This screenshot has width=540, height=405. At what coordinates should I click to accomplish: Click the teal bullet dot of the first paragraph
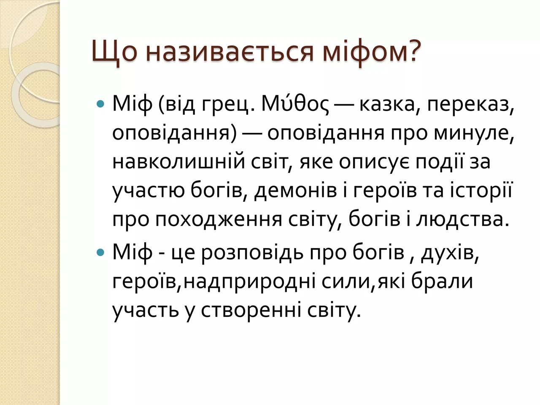coord(100,104)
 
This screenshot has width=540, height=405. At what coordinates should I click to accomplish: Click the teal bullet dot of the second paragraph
coord(100,252)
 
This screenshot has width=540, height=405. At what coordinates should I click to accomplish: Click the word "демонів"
coord(295,191)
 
